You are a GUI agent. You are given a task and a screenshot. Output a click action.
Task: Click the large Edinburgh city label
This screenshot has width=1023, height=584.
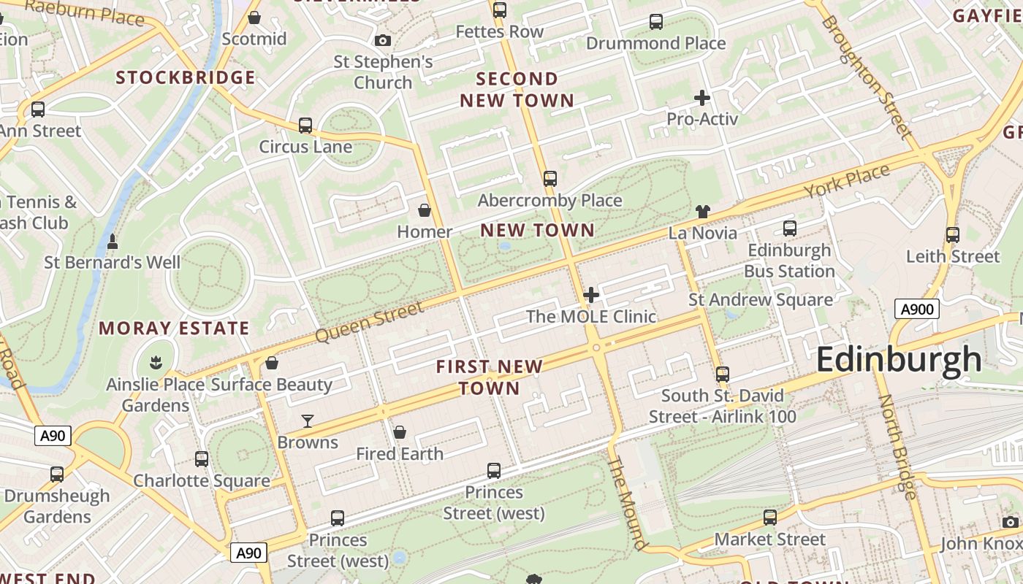[899, 360]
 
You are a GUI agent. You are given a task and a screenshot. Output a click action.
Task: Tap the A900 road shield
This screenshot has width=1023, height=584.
[916, 309]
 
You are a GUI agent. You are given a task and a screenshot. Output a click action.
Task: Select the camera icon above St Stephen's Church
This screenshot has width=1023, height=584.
[383, 40]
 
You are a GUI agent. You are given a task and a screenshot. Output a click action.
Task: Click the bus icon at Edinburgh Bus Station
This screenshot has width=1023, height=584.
[789, 228]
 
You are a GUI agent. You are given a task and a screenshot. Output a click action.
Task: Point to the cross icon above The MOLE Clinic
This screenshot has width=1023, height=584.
[591, 295]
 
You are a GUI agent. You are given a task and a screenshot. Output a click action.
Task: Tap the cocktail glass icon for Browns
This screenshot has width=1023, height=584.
[308, 421]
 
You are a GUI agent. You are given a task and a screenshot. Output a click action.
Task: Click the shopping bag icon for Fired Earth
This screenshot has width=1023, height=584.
[399, 432]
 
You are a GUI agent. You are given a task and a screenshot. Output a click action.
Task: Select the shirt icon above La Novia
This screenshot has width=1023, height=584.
[702, 212]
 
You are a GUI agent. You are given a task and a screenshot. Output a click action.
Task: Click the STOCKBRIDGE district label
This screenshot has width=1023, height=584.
[186, 77]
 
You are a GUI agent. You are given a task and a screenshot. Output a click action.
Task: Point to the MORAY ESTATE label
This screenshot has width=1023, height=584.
[174, 328]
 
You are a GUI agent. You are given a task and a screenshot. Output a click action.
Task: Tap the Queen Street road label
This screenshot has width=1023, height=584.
[370, 322]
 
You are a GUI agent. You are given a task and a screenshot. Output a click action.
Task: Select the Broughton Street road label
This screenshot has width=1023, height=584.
[867, 77]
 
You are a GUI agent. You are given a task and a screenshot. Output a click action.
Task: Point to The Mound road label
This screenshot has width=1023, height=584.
[627, 503]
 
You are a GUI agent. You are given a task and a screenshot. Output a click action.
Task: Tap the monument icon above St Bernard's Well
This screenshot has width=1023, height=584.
[113, 241]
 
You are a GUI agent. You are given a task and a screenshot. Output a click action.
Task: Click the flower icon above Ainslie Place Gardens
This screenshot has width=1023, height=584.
[155, 361]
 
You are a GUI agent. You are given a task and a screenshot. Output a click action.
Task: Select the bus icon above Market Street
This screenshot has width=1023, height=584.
[769, 518]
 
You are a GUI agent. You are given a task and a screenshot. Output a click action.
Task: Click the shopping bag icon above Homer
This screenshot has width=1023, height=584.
[424, 211]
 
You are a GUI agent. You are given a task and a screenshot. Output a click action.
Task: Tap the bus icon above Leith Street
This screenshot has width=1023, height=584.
[952, 235]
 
